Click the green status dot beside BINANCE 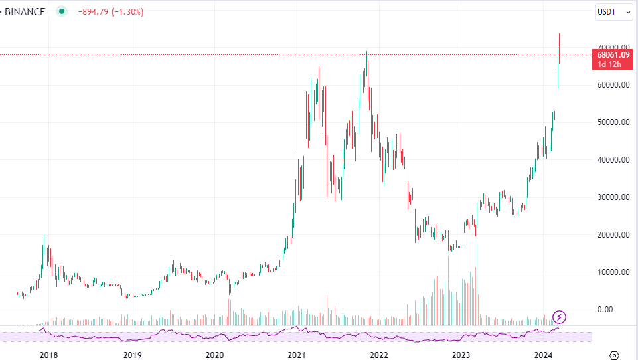62,11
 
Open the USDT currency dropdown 613,11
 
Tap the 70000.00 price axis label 613,47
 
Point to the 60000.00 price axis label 613,85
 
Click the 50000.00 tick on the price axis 613,122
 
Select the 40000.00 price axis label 613,160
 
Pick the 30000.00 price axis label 613,197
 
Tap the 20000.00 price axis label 613,235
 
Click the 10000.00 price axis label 613,272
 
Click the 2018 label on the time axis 49,355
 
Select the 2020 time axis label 214,355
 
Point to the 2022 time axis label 379,355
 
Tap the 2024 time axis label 544,355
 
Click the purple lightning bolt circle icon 560,317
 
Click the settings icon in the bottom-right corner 615,355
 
